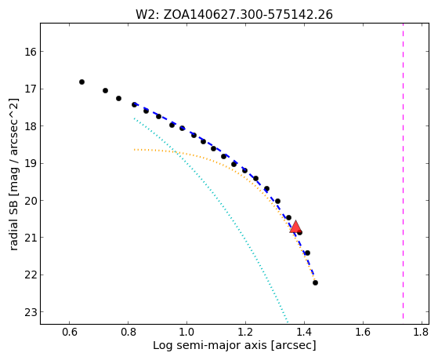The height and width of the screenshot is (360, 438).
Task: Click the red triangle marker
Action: pos(295,227)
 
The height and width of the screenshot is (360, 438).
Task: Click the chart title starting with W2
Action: pos(234,15)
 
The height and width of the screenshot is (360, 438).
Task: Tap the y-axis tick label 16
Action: pos(31,52)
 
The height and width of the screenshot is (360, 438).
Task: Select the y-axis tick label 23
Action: pos(31,312)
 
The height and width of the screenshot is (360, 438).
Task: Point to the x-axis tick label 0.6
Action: pos(69,332)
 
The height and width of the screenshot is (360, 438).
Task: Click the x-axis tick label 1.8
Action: pos(422,332)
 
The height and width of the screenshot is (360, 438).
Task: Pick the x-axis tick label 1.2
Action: pos(245,332)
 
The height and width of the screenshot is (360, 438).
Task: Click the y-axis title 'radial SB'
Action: pos(13,175)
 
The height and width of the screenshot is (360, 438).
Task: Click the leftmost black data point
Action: pos(81,82)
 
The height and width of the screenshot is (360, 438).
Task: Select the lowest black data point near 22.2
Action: pos(315,283)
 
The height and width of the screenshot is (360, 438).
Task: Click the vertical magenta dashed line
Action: pos(403,171)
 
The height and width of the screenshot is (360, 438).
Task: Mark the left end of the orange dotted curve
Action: pos(134,150)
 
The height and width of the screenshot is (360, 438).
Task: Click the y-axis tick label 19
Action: pos(31,164)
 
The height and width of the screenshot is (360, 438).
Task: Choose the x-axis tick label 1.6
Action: pos(363,332)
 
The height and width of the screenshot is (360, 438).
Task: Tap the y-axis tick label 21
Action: pos(31,238)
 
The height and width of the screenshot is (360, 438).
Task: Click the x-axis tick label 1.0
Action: pos(186,332)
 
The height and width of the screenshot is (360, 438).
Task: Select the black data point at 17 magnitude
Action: pos(105,91)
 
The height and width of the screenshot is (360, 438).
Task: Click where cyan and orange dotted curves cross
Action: pos(175,151)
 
